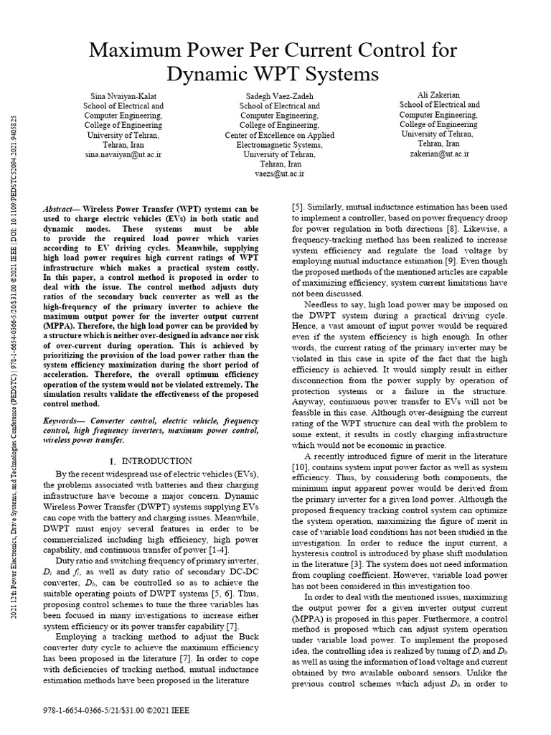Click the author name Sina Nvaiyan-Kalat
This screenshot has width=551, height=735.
(x=123, y=95)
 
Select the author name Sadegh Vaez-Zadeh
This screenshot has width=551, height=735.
(x=273, y=95)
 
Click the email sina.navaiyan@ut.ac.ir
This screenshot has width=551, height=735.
(x=123, y=154)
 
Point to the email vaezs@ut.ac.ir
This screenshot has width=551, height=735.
(x=273, y=173)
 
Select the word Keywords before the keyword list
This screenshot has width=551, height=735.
(x=64, y=418)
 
